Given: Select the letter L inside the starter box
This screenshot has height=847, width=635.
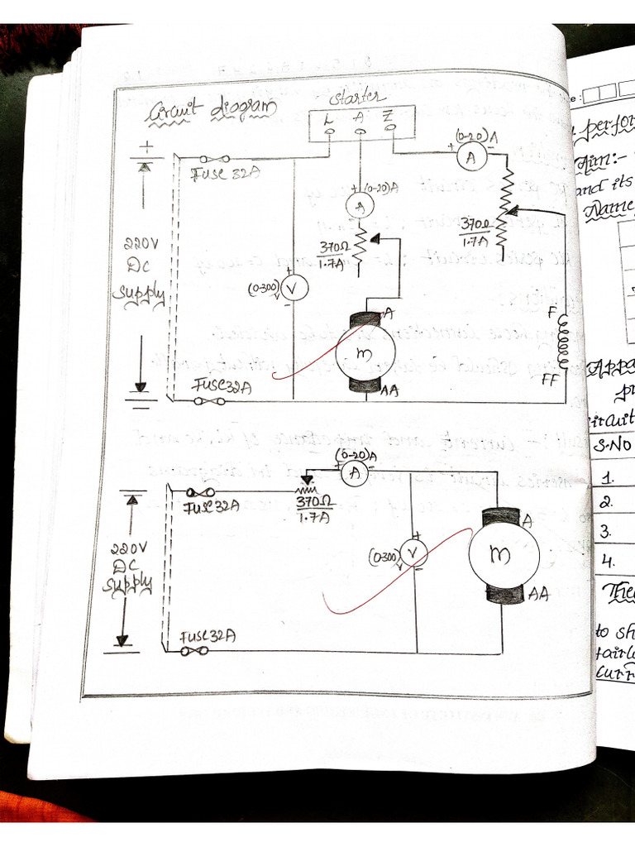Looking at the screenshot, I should tap(329, 118).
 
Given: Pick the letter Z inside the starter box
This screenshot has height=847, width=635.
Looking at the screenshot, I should tap(387, 117).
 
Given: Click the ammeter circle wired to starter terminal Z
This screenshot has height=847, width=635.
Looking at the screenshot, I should tap(470, 158).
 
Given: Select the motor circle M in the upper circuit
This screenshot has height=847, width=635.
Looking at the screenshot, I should tap(364, 352).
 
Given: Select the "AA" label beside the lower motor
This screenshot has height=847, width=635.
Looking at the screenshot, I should tap(538, 592).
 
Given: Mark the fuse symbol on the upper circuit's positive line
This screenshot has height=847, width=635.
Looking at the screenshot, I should tap(217, 159).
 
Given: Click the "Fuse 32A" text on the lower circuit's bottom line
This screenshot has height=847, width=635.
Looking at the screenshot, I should tap(208, 637).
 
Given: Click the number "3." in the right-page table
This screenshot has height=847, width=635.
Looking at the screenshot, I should tap(607, 530).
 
